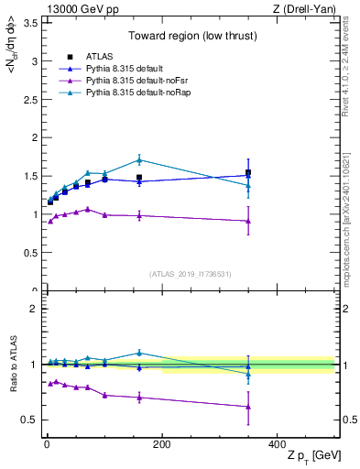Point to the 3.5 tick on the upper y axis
point(30,24)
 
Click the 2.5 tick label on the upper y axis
point(30,100)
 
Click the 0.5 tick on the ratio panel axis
point(31,420)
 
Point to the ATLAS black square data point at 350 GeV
point(248,172)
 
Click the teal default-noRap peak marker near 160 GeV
point(139,159)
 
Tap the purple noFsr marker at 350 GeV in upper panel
point(248,221)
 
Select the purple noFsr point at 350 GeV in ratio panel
point(248,407)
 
